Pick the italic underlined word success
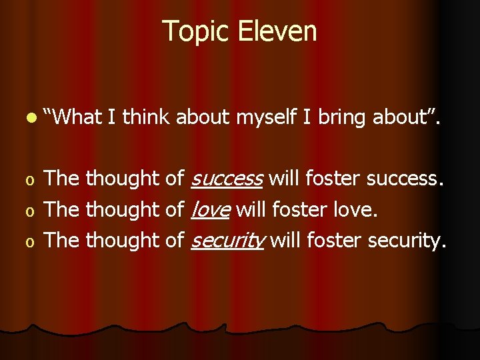tap(227, 179)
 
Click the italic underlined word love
tap(210, 209)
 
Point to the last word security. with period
tap(407, 240)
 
